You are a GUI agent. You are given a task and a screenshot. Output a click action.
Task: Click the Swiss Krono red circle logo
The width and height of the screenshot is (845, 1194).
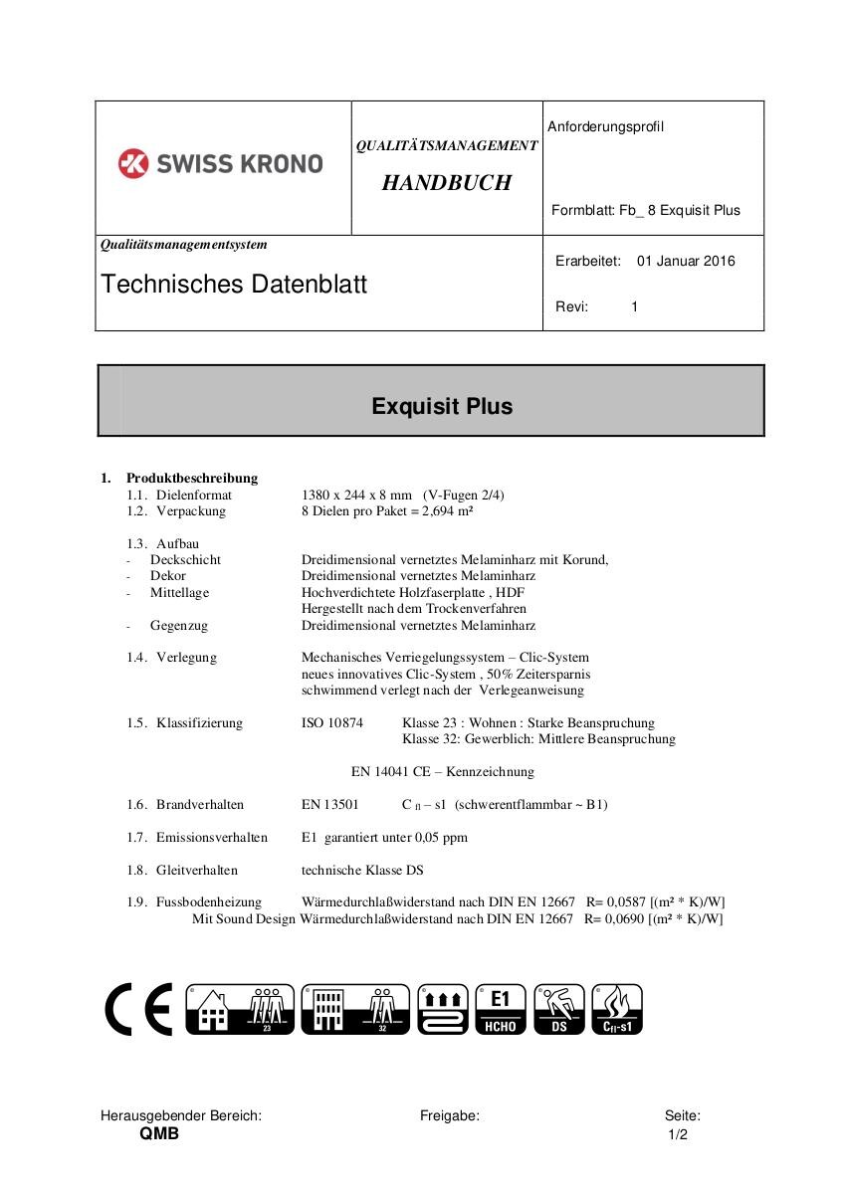coord(133,163)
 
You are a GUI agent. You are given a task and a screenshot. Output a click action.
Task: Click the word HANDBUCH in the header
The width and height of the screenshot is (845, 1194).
coord(446,183)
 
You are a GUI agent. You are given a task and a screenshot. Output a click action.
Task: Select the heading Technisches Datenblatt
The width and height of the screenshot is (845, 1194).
coord(234,285)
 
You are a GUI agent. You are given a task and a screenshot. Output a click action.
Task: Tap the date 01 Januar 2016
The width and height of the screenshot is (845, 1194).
coord(686,262)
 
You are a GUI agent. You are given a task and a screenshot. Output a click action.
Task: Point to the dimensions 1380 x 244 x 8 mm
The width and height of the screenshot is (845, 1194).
coord(356,495)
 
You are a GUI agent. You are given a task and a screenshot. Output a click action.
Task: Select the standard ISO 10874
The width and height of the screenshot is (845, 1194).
coord(332,723)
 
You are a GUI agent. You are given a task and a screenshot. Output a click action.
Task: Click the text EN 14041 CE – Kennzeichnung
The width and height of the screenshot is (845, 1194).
coord(443,772)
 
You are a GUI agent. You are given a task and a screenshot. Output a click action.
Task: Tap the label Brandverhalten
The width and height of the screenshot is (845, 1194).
coord(200,805)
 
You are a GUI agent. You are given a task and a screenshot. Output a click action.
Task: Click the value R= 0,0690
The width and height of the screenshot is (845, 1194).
coord(613,919)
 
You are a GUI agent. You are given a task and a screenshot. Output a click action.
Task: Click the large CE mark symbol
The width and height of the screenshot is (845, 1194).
coord(138,1010)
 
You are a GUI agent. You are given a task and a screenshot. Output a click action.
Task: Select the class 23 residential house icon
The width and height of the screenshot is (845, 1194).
coord(240,1010)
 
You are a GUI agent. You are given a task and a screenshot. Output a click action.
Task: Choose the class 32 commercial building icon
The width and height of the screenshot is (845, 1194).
coord(354,1010)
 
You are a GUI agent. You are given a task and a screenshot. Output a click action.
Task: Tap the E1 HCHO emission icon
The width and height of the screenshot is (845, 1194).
coord(501,1010)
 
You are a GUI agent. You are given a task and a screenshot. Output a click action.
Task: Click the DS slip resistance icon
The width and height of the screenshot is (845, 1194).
coord(559,1010)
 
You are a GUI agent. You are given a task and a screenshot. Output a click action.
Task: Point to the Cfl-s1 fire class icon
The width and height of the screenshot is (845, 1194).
coord(616,1010)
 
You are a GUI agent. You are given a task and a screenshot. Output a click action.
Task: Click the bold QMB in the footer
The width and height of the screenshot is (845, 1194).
coord(159,1134)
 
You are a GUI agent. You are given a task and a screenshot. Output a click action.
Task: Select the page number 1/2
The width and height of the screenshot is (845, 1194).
coord(678,1135)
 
